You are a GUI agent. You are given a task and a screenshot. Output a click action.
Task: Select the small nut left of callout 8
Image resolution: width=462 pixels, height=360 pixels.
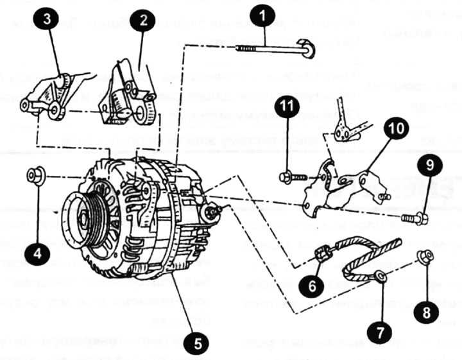coord(425,257)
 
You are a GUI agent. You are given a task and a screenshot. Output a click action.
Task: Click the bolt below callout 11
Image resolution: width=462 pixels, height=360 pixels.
coord(290,175)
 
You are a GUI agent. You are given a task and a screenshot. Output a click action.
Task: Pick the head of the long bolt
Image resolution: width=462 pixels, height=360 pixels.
coord(309,49)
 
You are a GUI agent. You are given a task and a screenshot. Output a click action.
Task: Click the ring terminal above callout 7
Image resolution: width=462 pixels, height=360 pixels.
coord(381,277)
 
